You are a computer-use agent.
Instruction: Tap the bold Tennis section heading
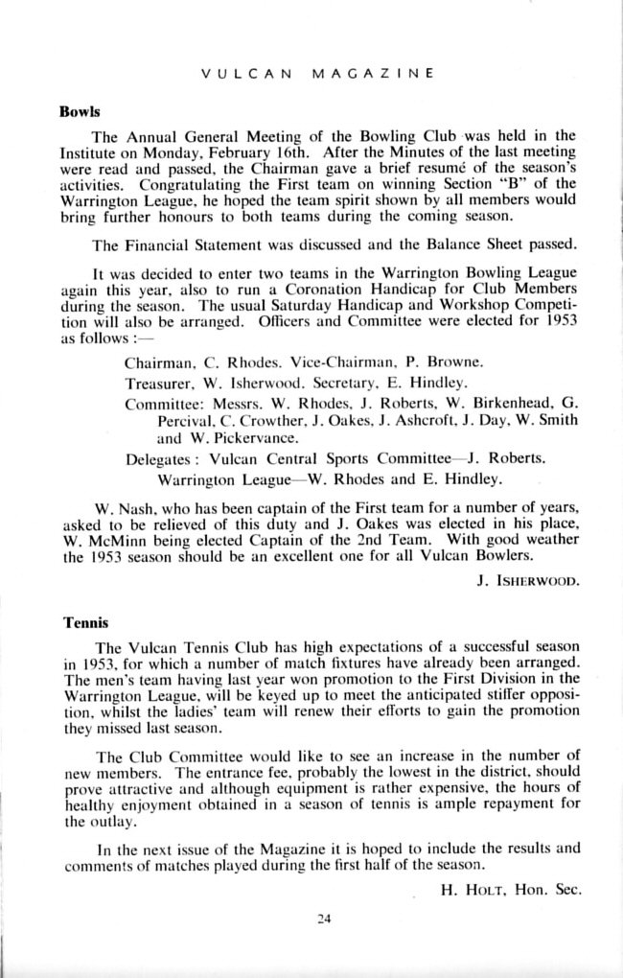click(81, 622)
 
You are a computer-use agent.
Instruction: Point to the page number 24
click(323, 920)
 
